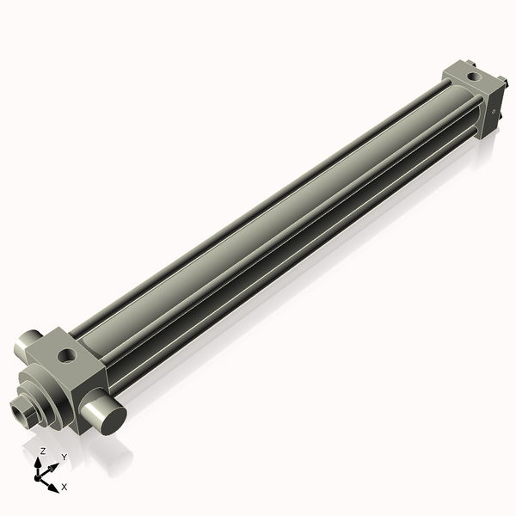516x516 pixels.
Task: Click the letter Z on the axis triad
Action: click(42, 451)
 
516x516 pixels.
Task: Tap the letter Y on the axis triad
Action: click(64, 457)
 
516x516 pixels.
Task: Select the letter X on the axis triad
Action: click(64, 487)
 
